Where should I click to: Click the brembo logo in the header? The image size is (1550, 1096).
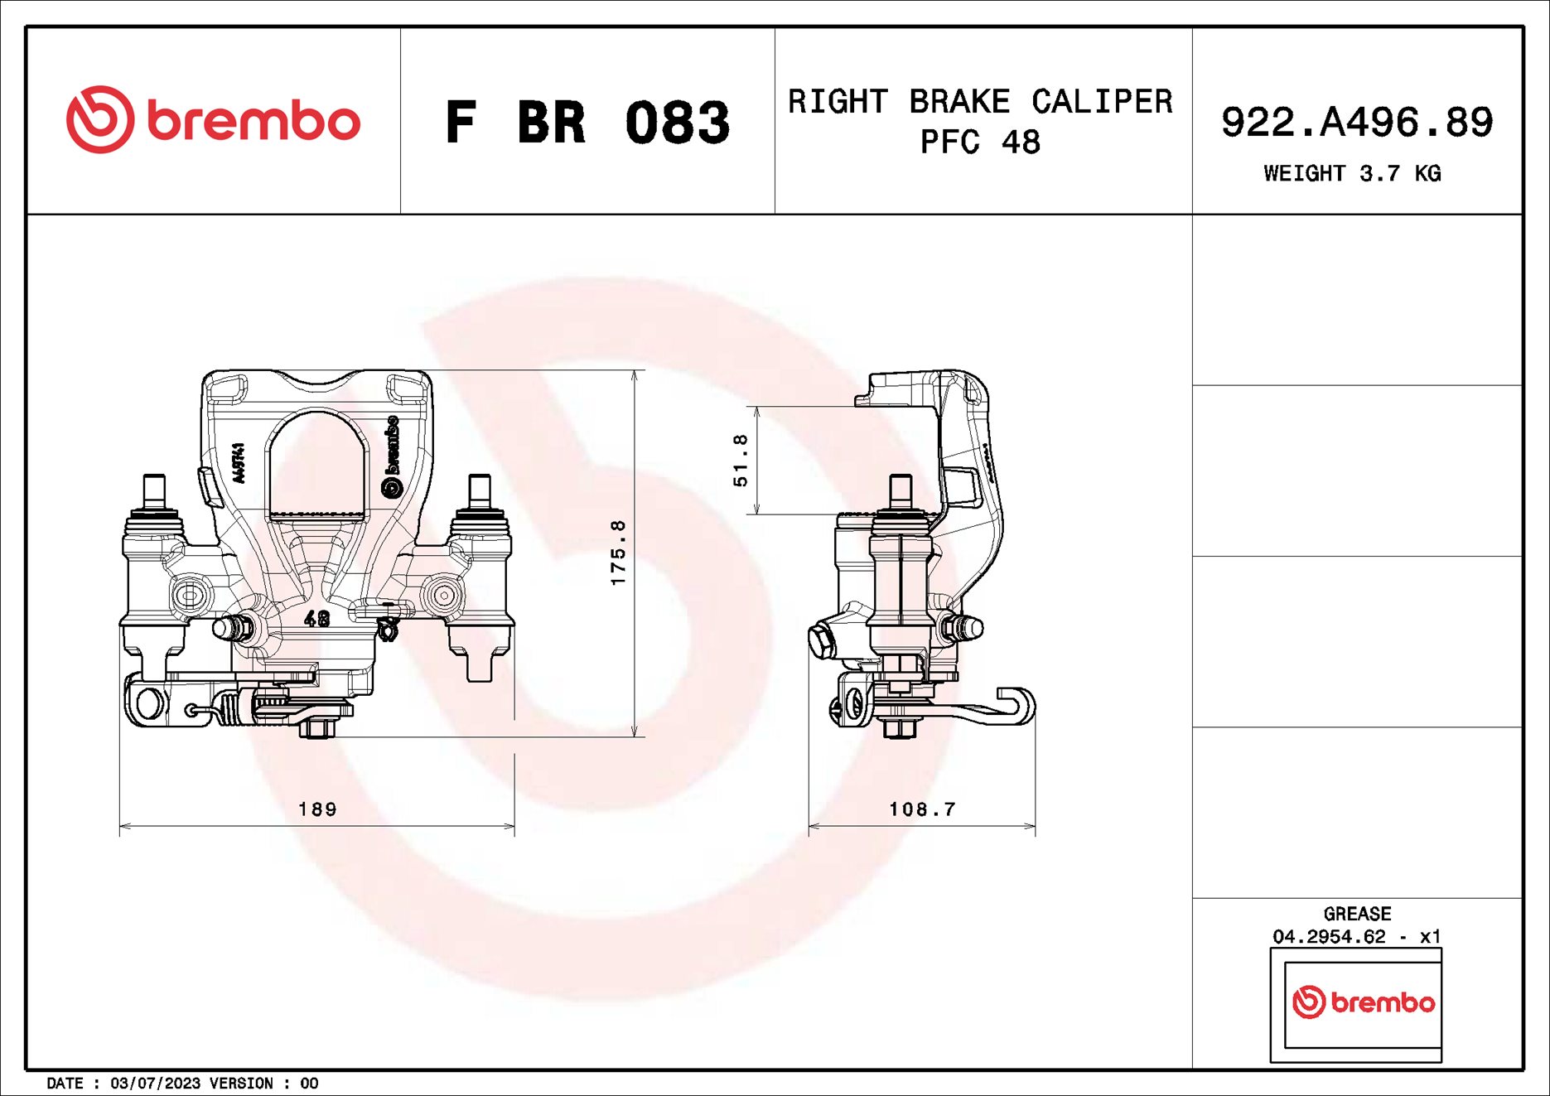coord(213,120)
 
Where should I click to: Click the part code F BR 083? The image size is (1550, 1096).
coord(587,123)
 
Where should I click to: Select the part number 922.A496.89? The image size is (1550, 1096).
coord(1356,122)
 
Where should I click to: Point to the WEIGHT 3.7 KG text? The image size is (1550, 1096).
coord(1351,173)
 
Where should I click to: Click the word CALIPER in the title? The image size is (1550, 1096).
coord(1102,102)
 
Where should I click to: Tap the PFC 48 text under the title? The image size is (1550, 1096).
coord(979,142)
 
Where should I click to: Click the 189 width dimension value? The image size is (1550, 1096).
coord(317,809)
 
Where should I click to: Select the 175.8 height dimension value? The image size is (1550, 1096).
coord(618,553)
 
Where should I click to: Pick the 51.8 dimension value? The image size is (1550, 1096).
coord(741,460)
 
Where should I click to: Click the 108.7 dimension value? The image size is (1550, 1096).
coord(921,809)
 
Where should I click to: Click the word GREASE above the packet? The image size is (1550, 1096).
coord(1356,914)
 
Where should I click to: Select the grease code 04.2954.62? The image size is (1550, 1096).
coord(1329,936)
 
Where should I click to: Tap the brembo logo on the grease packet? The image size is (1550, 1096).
coord(1363,1002)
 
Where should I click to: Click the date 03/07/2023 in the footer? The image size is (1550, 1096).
coord(155,1083)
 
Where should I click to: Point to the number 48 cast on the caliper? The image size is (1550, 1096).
coord(316,618)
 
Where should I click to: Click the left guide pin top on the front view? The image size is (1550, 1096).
coord(154,489)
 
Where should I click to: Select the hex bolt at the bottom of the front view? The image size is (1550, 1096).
coord(316,728)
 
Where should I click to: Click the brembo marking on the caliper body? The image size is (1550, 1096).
coord(391,456)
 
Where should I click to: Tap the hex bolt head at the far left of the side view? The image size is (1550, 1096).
coord(821,641)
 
